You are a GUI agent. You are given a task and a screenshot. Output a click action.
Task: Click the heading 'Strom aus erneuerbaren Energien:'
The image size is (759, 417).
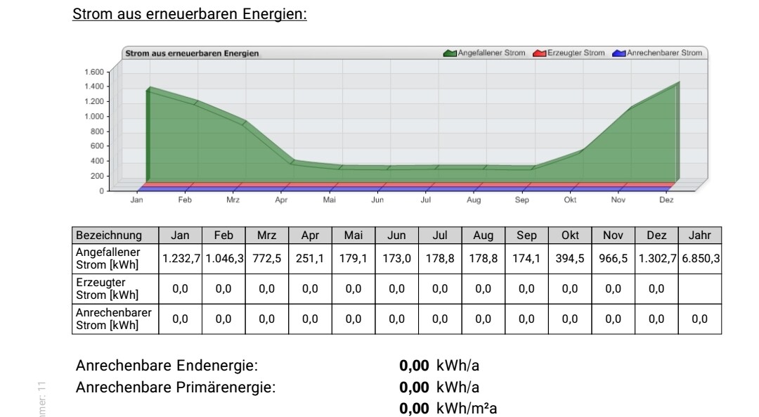click(x=190, y=13)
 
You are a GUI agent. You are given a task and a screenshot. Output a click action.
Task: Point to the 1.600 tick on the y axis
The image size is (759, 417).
click(x=94, y=72)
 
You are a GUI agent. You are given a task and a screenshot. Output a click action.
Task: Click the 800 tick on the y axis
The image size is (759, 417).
click(x=97, y=131)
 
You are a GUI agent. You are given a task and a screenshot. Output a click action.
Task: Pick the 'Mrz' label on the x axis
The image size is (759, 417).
click(x=233, y=200)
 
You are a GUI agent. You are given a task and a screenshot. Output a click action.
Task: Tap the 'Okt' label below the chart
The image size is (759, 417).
click(x=569, y=200)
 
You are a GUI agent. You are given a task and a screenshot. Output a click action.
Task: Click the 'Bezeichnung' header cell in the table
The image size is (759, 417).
click(x=109, y=235)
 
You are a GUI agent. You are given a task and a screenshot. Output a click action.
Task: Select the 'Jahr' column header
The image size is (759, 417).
click(x=699, y=235)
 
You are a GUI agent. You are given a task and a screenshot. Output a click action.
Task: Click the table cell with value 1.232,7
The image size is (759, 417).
click(x=181, y=258)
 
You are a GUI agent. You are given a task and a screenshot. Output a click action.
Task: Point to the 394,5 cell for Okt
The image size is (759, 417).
click(x=570, y=258)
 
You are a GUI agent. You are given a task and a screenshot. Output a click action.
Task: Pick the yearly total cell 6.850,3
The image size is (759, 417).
click(x=700, y=258)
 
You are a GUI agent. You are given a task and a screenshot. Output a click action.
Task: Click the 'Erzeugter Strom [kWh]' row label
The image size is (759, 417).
click(x=108, y=288)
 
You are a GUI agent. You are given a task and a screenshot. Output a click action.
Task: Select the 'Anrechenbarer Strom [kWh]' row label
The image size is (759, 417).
click(x=113, y=319)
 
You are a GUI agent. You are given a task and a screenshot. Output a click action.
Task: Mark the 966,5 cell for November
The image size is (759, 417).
click(x=614, y=258)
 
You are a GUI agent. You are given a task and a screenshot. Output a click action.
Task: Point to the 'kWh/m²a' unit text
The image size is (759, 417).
click(x=467, y=409)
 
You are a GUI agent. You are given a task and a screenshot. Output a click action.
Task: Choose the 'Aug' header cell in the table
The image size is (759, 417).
click(x=484, y=235)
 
